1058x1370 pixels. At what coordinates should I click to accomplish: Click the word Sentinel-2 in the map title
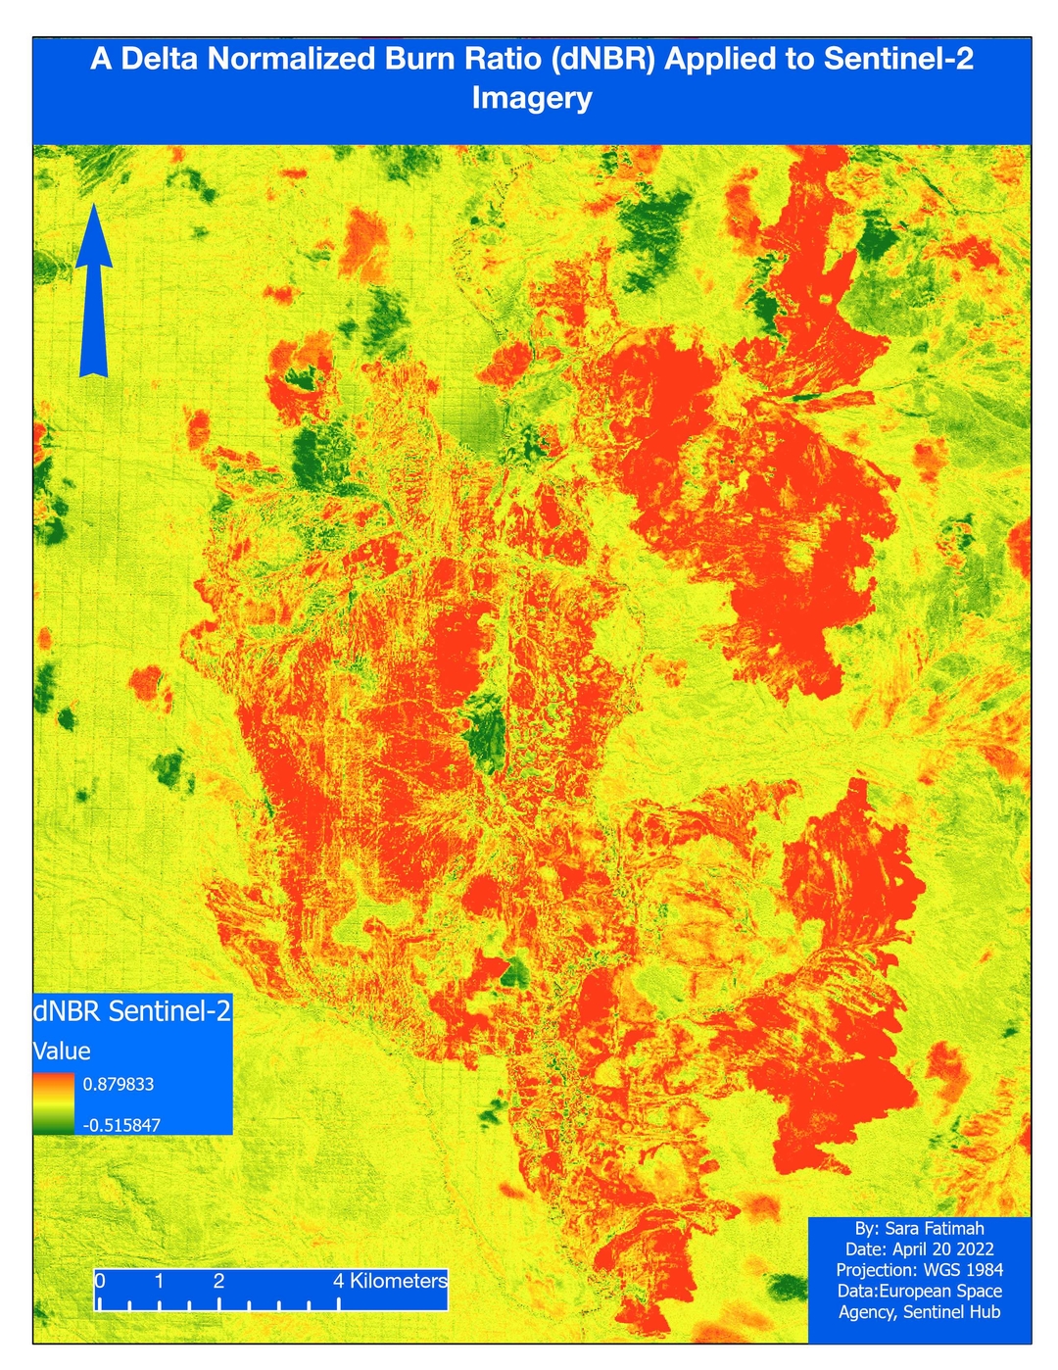click(898, 60)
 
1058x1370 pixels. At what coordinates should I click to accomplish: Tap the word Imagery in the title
click(532, 98)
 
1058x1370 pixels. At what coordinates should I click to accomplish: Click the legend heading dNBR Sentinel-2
click(132, 1011)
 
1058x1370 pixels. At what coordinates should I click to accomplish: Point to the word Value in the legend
click(62, 1052)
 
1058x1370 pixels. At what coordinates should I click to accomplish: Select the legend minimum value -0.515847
click(121, 1125)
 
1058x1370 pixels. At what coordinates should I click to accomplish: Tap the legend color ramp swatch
click(53, 1103)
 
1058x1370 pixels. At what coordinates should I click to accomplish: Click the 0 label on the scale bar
click(100, 1281)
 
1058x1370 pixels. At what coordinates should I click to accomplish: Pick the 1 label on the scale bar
click(159, 1281)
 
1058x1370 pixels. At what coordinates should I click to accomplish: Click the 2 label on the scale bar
click(218, 1281)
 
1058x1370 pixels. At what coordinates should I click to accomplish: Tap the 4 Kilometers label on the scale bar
click(390, 1281)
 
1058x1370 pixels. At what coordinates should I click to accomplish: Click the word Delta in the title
click(161, 60)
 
